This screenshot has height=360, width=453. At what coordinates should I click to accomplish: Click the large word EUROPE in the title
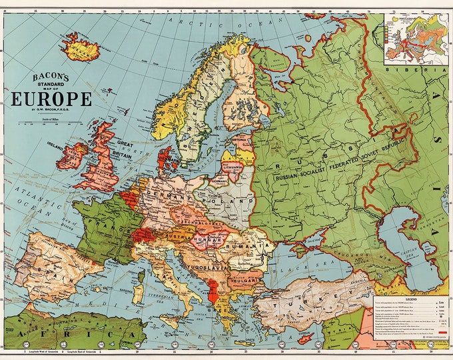51,99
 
